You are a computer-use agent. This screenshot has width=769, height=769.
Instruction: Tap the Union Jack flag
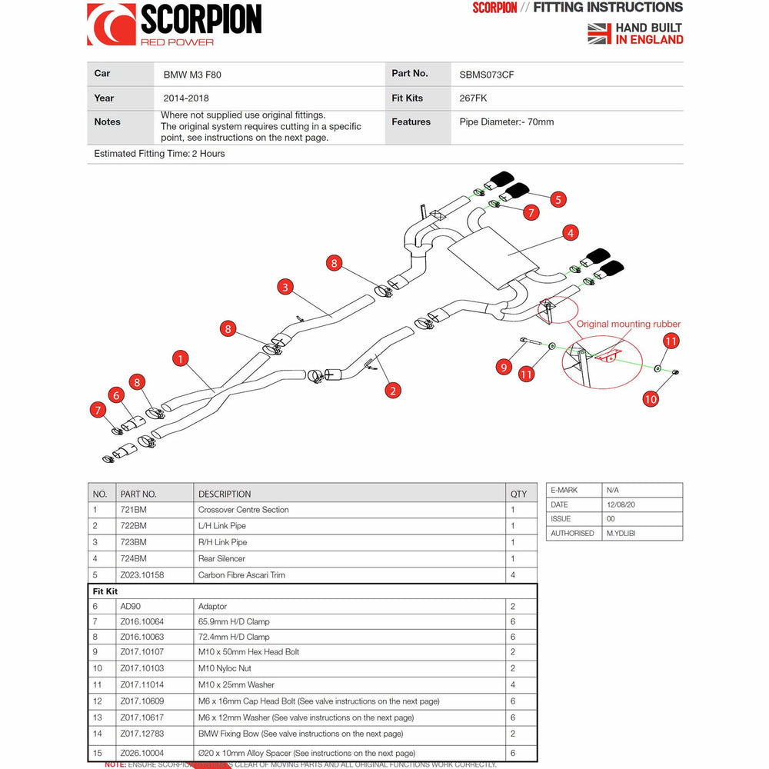coord(599,33)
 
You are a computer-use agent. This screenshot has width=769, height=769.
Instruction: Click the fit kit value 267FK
coord(473,98)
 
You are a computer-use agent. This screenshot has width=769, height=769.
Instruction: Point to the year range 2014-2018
coord(186,98)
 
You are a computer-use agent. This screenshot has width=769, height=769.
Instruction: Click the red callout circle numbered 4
coord(570,232)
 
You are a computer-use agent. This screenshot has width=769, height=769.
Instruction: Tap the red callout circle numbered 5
coord(558,199)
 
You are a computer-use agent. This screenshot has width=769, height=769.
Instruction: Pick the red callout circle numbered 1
coord(181,358)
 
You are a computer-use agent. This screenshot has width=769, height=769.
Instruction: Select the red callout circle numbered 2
coord(393,391)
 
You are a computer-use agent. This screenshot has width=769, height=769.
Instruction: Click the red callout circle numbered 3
coord(285,288)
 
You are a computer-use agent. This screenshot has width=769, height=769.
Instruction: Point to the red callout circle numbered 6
coord(117,395)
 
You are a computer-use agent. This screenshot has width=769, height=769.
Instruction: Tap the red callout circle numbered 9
coord(504,367)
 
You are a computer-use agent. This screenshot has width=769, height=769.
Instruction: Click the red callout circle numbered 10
coord(651,398)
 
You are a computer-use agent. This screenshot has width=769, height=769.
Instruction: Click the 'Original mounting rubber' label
coord(628,324)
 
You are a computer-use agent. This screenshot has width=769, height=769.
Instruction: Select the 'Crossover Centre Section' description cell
coord(243,510)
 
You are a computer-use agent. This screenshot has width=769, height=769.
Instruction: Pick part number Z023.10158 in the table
coord(142,574)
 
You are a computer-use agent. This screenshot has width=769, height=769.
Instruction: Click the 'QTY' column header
coord(519,494)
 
